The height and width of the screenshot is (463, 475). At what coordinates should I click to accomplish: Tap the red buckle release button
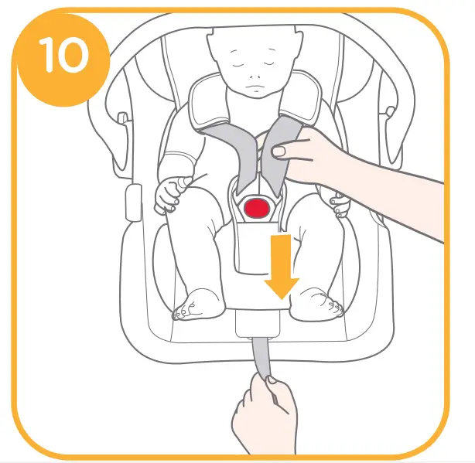tap(255, 207)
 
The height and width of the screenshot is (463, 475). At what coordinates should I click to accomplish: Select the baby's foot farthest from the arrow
tap(194, 304)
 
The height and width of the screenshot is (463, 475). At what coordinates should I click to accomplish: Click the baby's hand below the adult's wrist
tap(339, 205)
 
